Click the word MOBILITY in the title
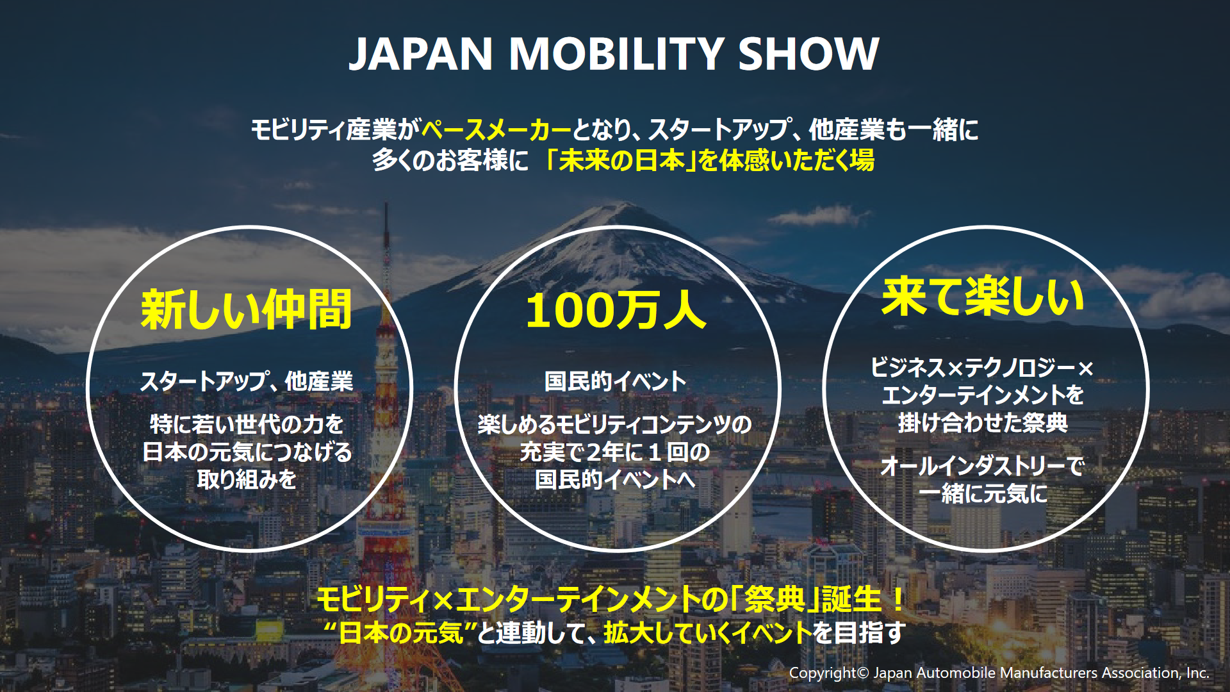[x=616, y=53]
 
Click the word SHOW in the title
[x=808, y=53]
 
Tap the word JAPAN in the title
[x=420, y=54]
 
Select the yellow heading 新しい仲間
[x=247, y=310]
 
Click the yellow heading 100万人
[x=616, y=311]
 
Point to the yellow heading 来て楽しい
[x=983, y=297]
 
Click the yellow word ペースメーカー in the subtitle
[x=496, y=130]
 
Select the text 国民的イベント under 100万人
[x=616, y=382]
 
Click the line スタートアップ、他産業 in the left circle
[x=247, y=382]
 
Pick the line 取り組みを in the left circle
[x=247, y=479]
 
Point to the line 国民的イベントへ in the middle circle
[x=616, y=479]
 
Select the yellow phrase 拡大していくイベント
[x=708, y=633]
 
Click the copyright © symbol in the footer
[x=863, y=673]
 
